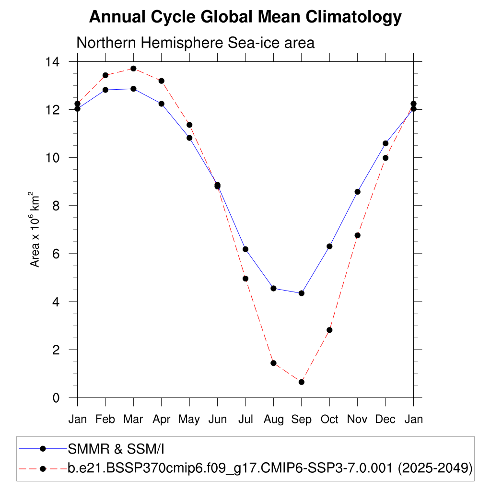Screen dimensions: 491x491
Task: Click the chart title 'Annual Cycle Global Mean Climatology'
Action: (x=245, y=17)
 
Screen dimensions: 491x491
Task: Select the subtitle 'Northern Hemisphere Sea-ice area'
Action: (x=195, y=43)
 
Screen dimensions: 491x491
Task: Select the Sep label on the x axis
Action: (x=301, y=420)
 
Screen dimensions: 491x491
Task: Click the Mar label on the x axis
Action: (x=133, y=420)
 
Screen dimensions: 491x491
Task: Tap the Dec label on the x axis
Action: (x=385, y=420)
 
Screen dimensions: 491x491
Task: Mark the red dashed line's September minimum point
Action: (x=302, y=382)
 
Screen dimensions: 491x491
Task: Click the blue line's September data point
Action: (x=302, y=293)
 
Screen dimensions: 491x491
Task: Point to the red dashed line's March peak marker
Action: (x=133, y=69)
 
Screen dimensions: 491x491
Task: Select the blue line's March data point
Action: (x=133, y=89)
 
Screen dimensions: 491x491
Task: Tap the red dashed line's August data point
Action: (x=273, y=363)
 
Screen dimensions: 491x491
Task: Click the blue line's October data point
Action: (x=329, y=246)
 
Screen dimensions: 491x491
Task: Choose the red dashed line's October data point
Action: (x=329, y=330)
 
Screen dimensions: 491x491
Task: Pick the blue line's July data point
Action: (x=245, y=249)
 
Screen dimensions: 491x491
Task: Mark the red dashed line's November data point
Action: (x=357, y=235)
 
